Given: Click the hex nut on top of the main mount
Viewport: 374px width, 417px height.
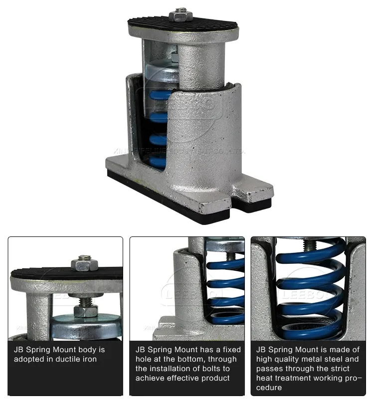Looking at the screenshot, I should click(x=181, y=14).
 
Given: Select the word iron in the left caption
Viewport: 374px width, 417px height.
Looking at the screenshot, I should click(x=88, y=359).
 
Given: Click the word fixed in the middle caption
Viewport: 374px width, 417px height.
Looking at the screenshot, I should click(x=230, y=350).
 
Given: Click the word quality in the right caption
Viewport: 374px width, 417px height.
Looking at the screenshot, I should click(x=288, y=359).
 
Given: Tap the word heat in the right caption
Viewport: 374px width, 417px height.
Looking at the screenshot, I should click(x=265, y=378).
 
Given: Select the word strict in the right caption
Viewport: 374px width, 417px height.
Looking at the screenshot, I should click(x=348, y=369).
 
